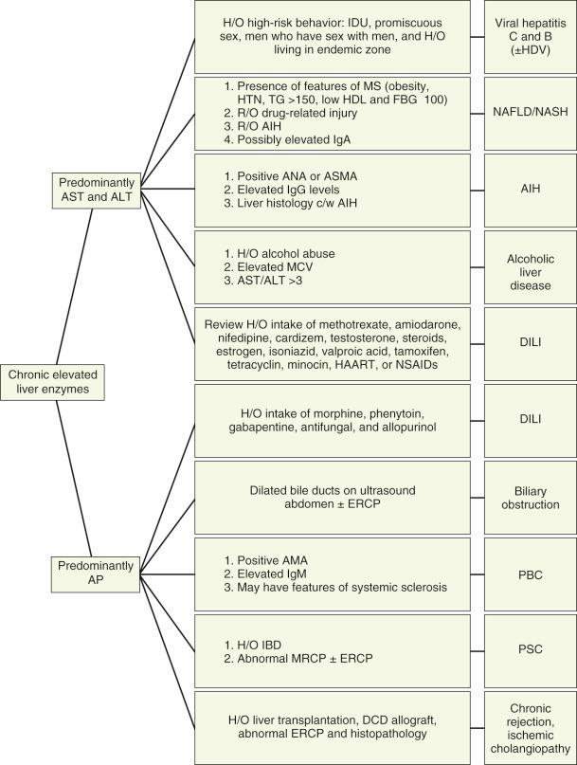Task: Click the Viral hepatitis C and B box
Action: (527, 37)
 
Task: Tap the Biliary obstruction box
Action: (527, 495)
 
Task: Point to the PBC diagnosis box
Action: (527, 574)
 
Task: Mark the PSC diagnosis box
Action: (527, 650)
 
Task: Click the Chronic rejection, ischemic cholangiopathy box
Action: (527, 726)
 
